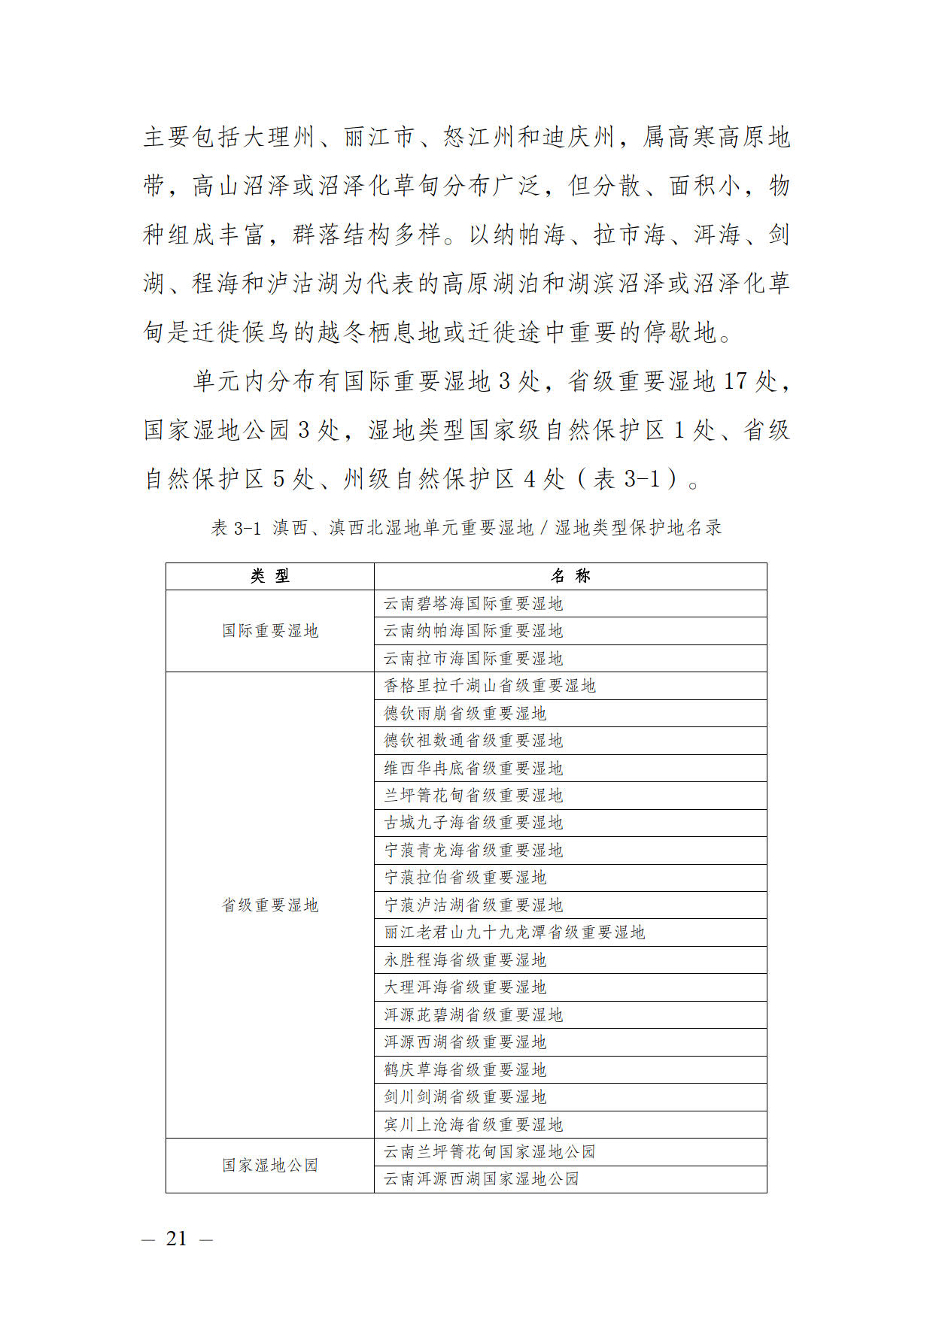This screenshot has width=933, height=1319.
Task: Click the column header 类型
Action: click(x=270, y=576)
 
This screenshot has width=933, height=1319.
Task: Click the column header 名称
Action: click(x=570, y=576)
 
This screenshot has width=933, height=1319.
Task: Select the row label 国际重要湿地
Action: click(x=270, y=631)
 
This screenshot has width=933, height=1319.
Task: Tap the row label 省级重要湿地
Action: click(x=270, y=905)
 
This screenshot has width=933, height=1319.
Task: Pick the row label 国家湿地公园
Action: click(x=270, y=1166)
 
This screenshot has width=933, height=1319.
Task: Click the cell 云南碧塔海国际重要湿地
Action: click(x=473, y=604)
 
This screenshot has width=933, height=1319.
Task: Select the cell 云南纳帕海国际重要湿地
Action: click(x=473, y=631)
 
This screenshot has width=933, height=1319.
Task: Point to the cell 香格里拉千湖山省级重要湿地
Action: click(x=490, y=686)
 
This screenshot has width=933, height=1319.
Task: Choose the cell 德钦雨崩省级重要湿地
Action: click(x=465, y=713)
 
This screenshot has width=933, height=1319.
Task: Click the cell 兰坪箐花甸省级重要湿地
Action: click(x=473, y=796)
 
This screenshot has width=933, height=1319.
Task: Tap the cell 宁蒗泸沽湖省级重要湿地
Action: click(x=473, y=905)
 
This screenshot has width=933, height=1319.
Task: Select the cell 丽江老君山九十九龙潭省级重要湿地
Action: click(x=515, y=932)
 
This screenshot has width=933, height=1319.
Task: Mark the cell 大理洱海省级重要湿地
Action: click(x=465, y=987)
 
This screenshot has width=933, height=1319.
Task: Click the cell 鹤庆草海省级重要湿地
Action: click(x=465, y=1069)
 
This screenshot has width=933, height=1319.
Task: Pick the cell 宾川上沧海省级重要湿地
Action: click(x=473, y=1125)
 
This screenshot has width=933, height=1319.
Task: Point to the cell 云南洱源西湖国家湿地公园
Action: click(x=482, y=1179)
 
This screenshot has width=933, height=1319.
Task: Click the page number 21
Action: click(x=177, y=1239)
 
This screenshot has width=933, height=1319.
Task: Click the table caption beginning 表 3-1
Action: click(x=466, y=528)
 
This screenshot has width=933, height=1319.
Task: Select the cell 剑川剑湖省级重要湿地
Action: click(x=465, y=1097)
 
